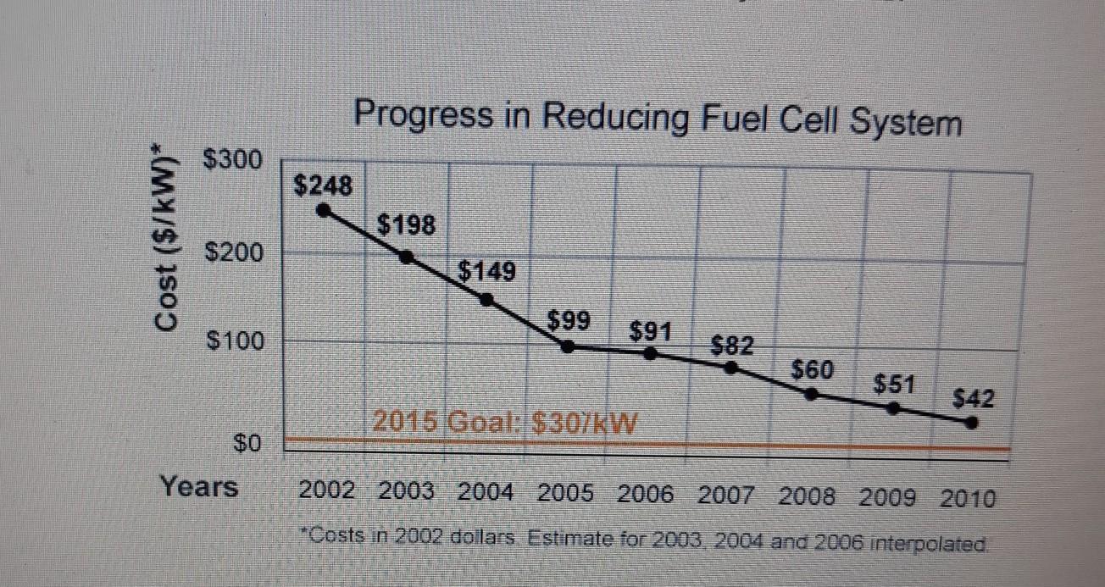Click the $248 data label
pos(322,186)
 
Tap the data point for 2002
pos(322,211)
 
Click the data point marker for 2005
pos(569,346)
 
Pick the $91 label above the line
pos(651,328)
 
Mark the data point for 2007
pos(731,367)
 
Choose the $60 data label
pos(813,370)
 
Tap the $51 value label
pos(894,384)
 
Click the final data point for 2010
pos(973,422)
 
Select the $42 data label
pos(975,396)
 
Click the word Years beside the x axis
pos(200,487)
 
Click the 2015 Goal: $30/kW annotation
pos(504,420)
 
